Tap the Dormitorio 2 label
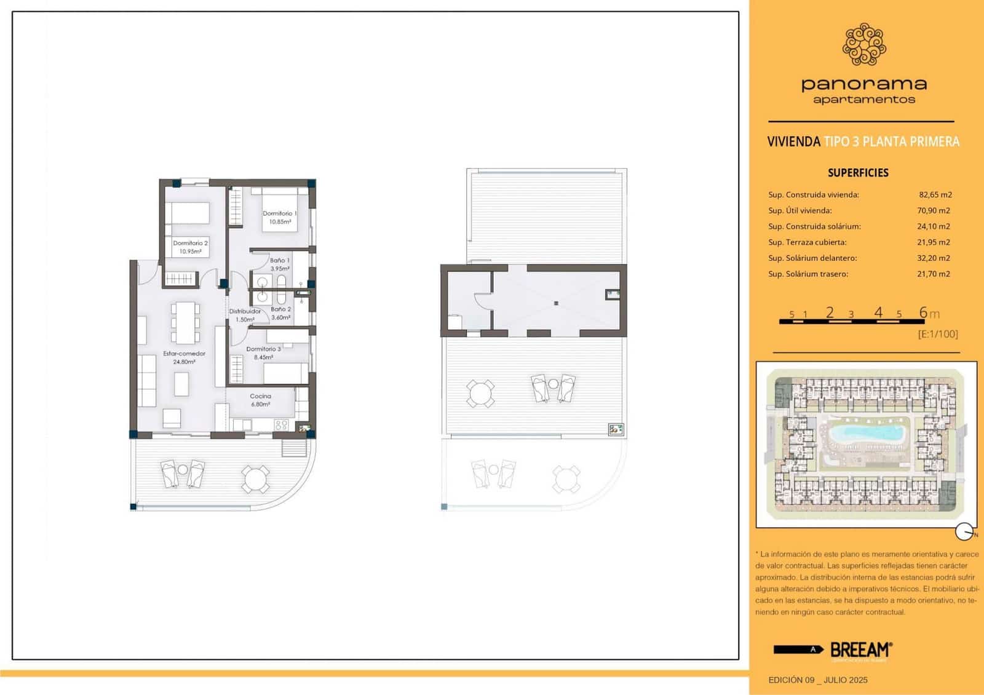pyautogui.click(x=190, y=247)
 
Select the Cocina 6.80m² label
pyautogui.click(x=261, y=400)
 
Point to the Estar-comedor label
pyautogui.click(x=184, y=357)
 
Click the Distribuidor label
pyautogui.click(x=245, y=315)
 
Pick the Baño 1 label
pyautogui.click(x=280, y=264)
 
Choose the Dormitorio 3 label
pyautogui.click(x=263, y=352)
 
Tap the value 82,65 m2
pyautogui.click(x=935, y=195)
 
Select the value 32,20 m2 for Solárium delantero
pyautogui.click(x=933, y=258)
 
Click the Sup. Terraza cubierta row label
pyautogui.click(x=807, y=242)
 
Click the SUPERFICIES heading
pyautogui.click(x=858, y=173)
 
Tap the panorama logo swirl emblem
pyautogui.click(x=864, y=44)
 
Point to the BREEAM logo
pyautogui.click(x=860, y=649)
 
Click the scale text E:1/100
pyautogui.click(x=937, y=334)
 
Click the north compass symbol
pyautogui.click(x=964, y=531)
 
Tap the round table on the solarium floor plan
pyautogui.click(x=480, y=394)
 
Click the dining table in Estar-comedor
pyautogui.click(x=185, y=322)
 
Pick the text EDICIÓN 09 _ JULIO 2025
pyautogui.click(x=817, y=680)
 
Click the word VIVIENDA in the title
pyautogui.click(x=793, y=142)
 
